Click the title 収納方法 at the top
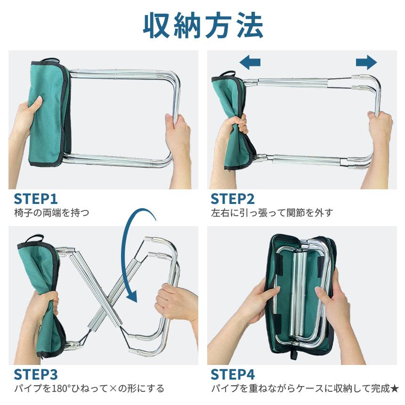coord(203,26)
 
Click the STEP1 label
coord(36,199)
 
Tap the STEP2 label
coord(233,199)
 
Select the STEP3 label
coord(36,374)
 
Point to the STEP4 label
coord(233,374)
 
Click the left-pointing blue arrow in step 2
coord(250,62)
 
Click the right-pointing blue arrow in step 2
coord(366,62)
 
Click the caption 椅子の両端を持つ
coord(52,213)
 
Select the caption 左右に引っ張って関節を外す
coord(272,213)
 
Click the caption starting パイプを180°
coord(89,389)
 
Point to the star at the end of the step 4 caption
coord(395,388)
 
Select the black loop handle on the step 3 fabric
coord(33,239)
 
